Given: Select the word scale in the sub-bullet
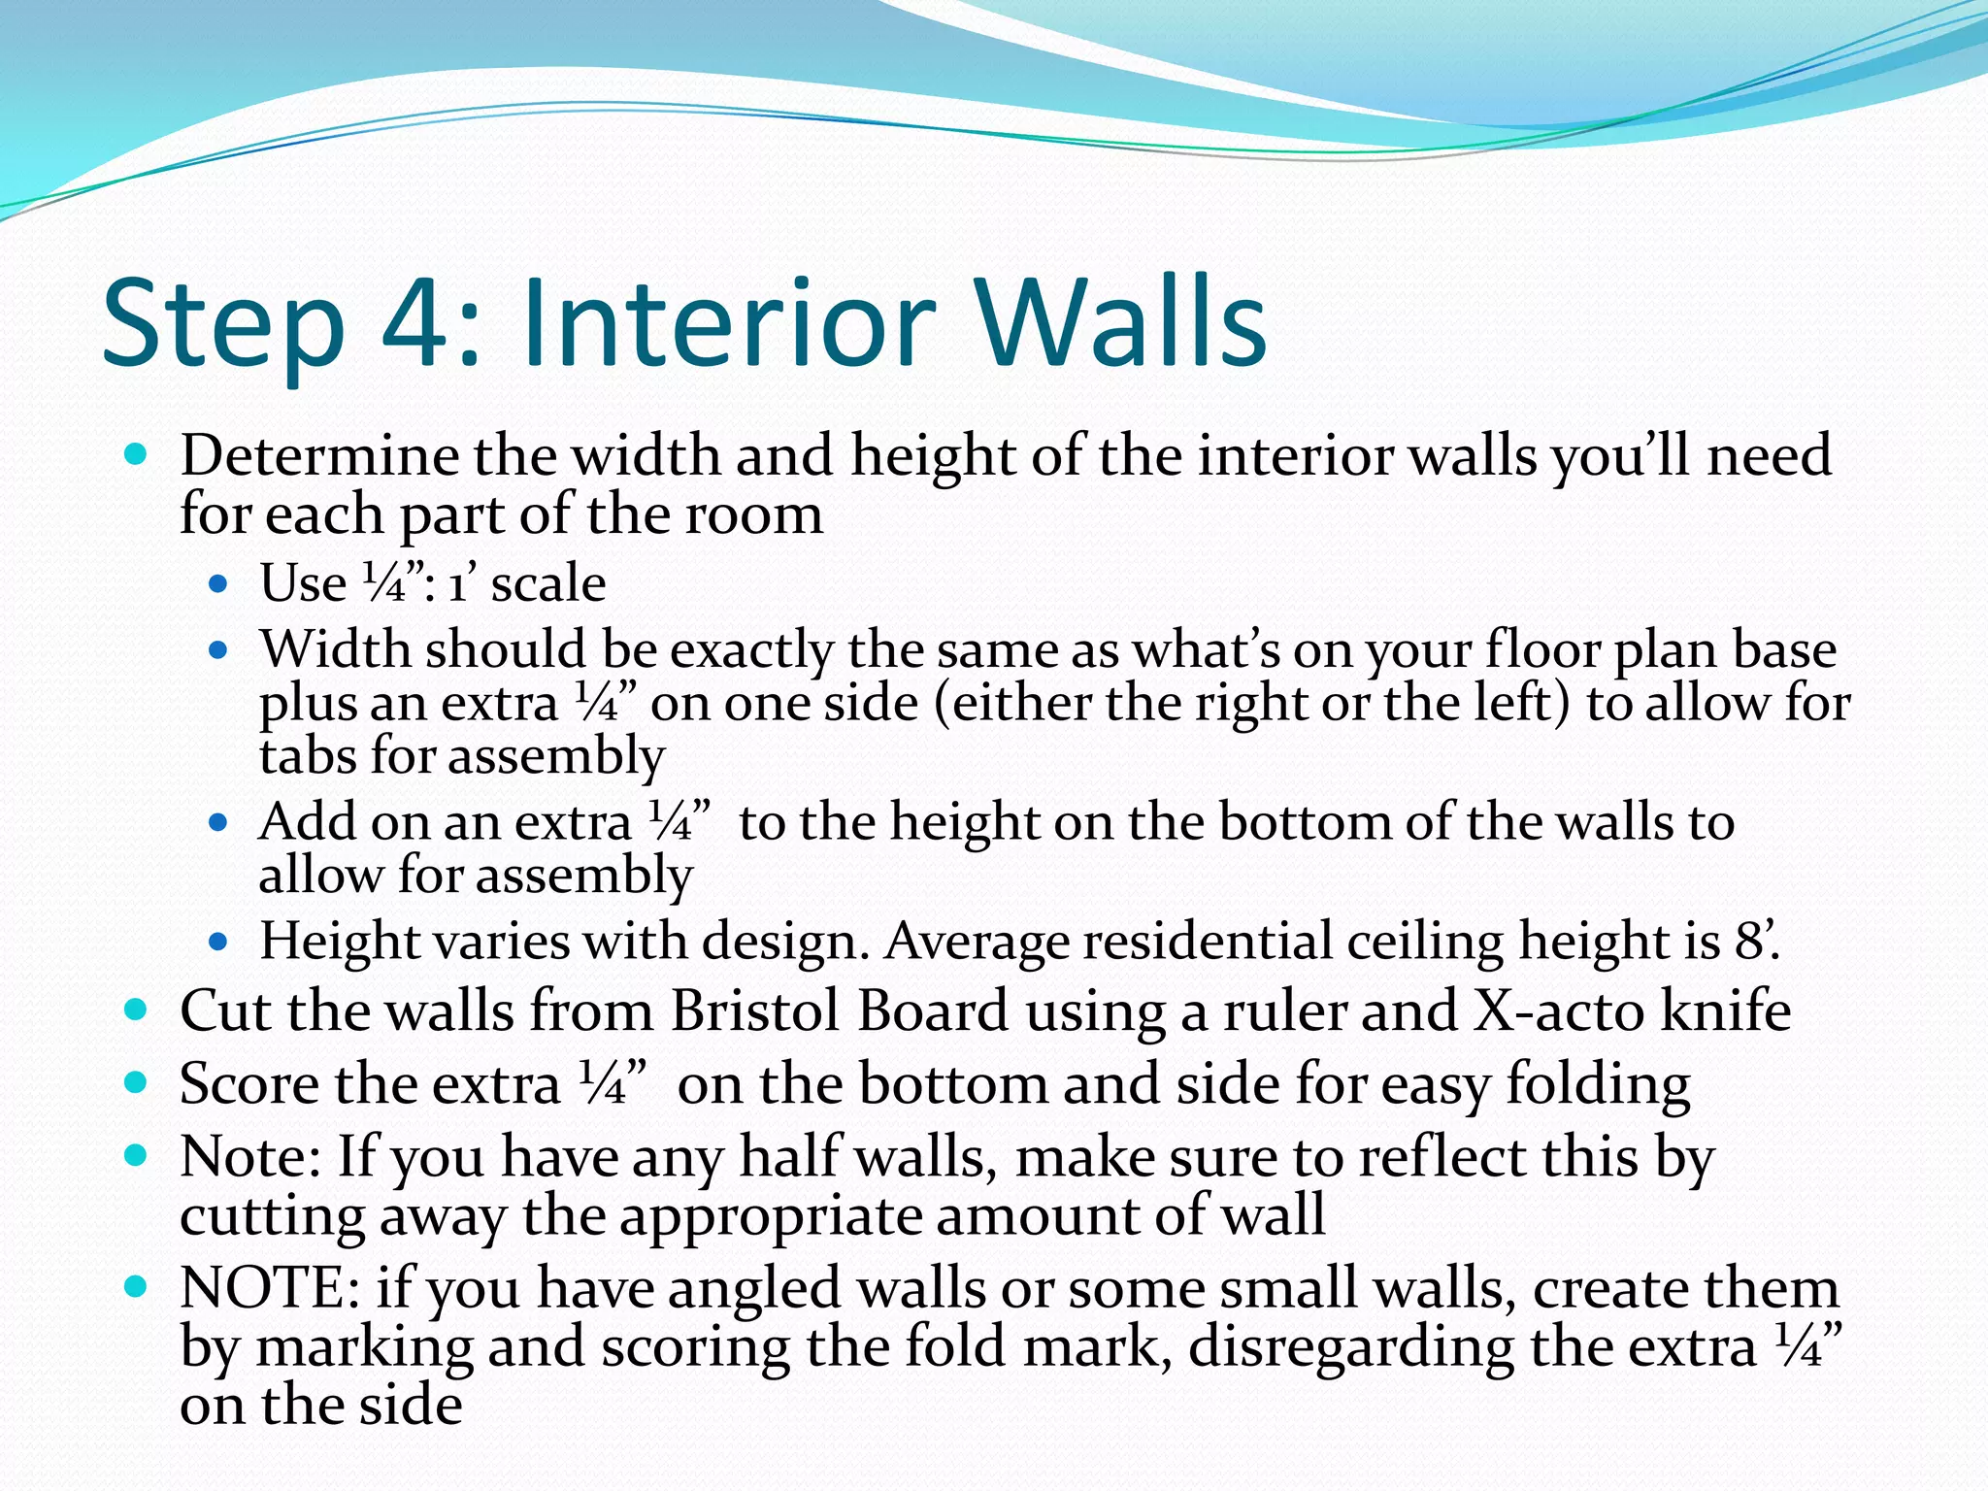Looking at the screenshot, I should click(x=548, y=583).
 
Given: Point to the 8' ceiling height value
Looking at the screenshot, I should click(x=1755, y=941).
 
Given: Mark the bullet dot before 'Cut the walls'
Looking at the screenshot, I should click(x=136, y=1011).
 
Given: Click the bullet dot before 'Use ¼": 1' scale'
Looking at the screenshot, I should click(x=217, y=584).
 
